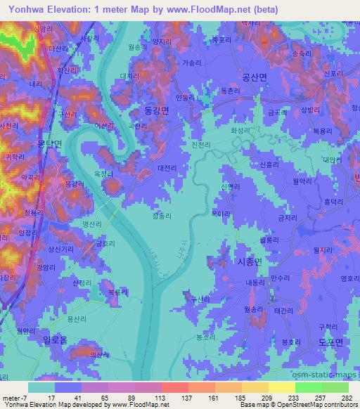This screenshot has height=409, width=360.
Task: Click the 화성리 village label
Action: pyautogui.click(x=240, y=130)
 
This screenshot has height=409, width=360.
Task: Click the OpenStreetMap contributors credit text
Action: pyautogui.click(x=323, y=404)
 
